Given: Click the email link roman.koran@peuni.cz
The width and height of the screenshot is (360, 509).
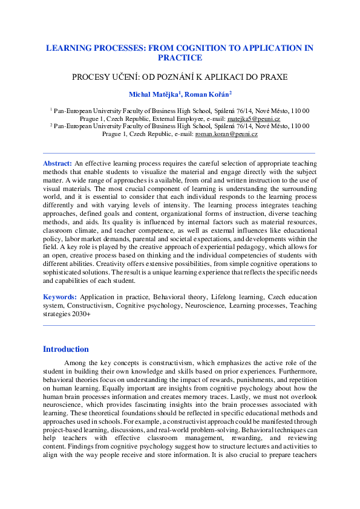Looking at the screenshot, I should click(x=226, y=134).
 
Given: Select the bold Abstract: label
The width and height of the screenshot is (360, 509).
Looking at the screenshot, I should click(x=58, y=163).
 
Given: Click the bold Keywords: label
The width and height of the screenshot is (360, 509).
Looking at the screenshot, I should click(x=60, y=297).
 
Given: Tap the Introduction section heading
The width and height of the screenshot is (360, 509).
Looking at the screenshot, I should click(x=66, y=349).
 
